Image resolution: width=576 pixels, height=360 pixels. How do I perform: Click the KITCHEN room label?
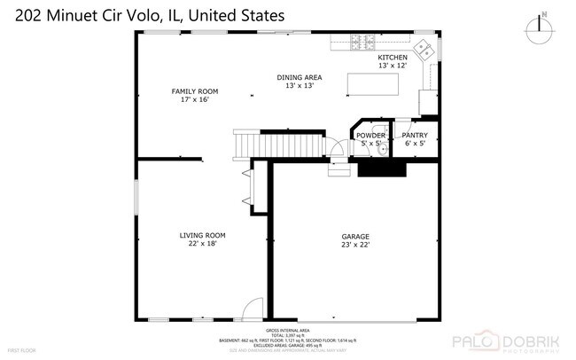coord(393,57)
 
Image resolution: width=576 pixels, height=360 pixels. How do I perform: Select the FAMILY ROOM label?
coord(194,91)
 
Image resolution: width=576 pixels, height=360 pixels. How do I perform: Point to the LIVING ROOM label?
coord(198,236)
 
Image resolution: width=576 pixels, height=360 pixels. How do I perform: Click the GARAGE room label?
coord(355,236)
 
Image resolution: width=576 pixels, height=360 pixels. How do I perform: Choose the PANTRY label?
coord(415,135)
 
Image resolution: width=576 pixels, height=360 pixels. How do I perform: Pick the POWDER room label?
coord(370,135)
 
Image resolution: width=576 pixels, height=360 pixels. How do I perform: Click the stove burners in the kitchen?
coord(362,41)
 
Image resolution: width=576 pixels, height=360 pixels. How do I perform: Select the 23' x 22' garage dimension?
coord(355,245)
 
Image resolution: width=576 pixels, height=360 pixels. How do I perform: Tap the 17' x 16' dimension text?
coord(194,99)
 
